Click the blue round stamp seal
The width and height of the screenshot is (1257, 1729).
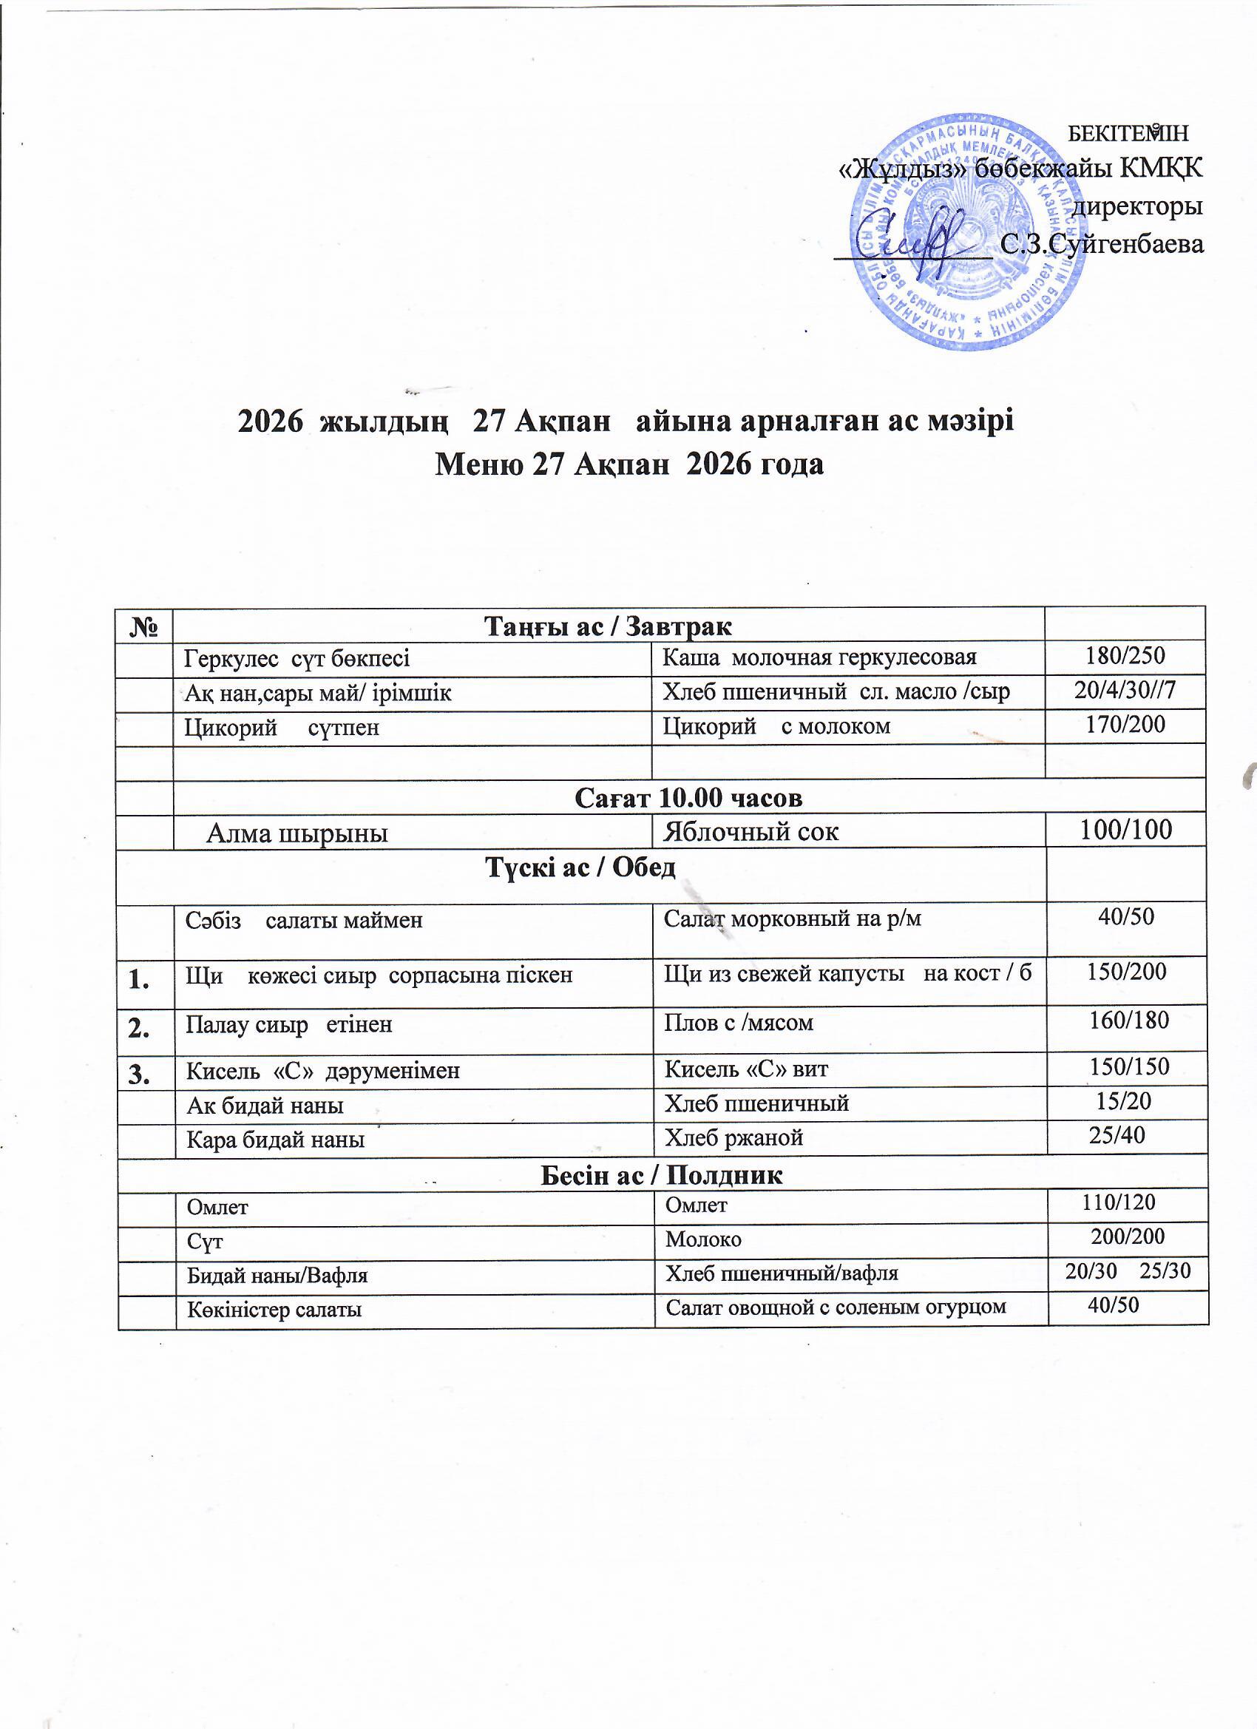tap(968, 231)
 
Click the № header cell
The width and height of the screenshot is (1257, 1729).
tap(145, 626)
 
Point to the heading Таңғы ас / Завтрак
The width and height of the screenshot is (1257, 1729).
tap(608, 626)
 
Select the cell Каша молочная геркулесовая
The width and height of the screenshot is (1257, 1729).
tap(819, 657)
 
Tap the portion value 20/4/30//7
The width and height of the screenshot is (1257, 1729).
tap(1125, 691)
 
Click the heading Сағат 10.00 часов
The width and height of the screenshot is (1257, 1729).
tap(688, 797)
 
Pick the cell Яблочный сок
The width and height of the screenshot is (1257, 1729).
tap(751, 832)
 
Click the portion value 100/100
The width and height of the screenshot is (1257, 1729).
tap(1126, 830)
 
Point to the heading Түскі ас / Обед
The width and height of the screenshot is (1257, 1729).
tap(581, 867)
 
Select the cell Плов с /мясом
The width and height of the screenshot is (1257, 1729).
tap(739, 1022)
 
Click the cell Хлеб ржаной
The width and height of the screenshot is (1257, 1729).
tap(734, 1137)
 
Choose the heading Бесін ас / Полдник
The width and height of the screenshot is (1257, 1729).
tap(661, 1175)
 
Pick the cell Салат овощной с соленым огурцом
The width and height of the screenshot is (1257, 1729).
tap(836, 1307)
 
